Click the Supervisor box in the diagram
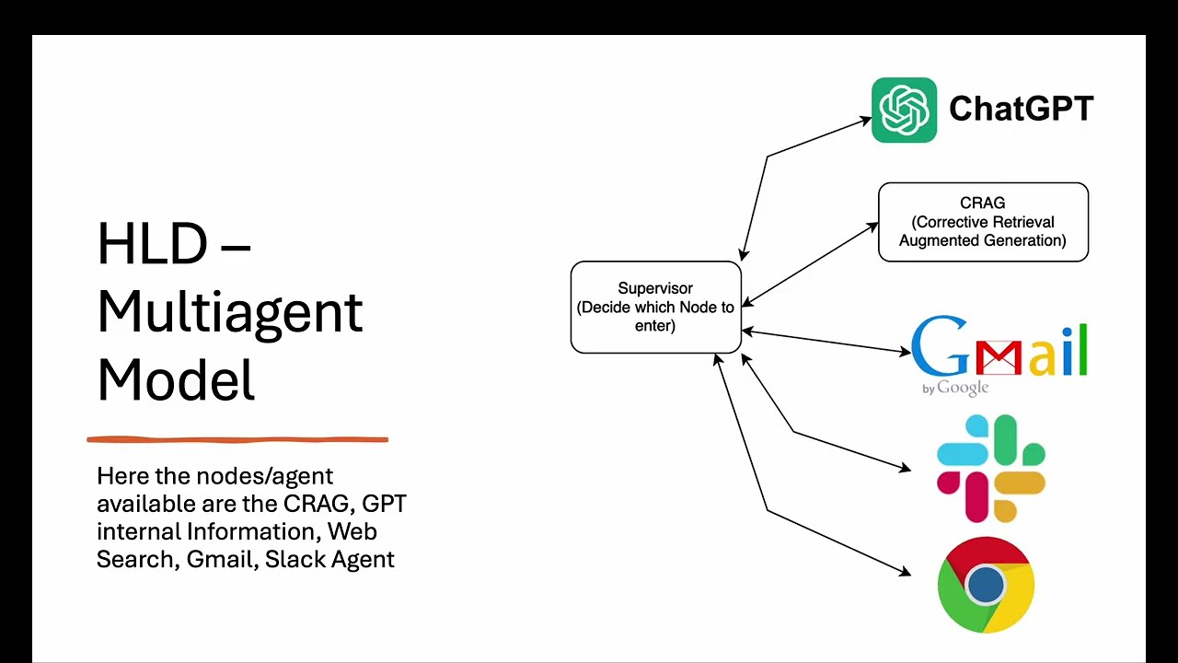click(655, 307)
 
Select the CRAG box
click(983, 222)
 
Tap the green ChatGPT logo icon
click(904, 110)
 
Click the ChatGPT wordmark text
click(1021, 109)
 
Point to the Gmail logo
click(999, 350)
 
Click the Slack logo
click(990, 468)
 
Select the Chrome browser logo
click(986, 585)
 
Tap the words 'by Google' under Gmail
click(955, 388)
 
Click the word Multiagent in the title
click(230, 311)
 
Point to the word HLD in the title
click(152, 244)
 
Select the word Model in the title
click(175, 379)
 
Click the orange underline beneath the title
click(237, 440)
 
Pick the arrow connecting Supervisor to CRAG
click(810, 263)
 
